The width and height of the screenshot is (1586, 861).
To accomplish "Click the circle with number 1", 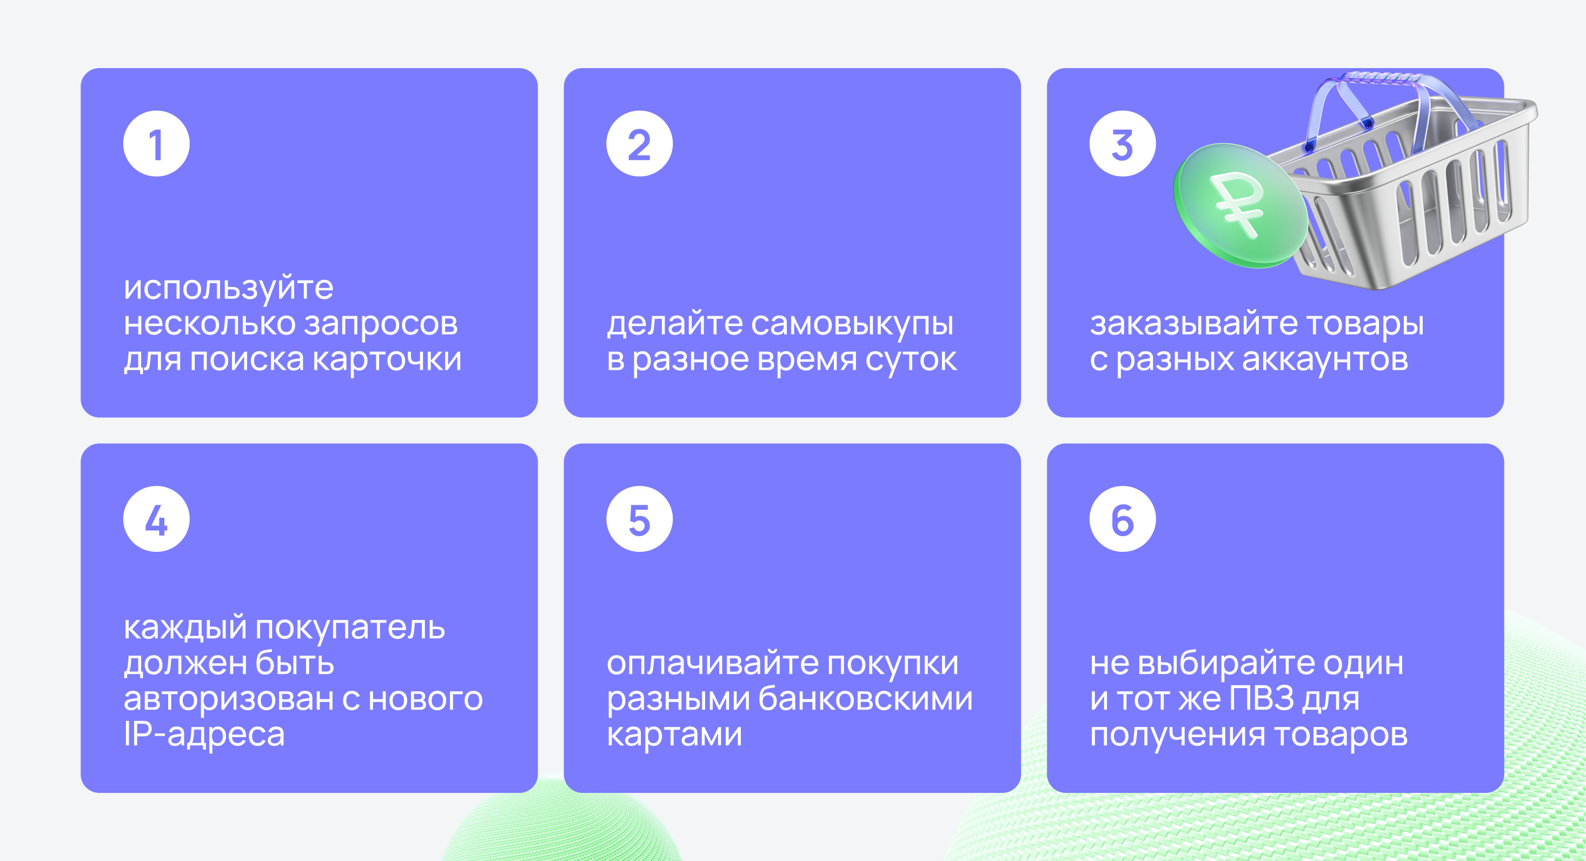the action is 156,143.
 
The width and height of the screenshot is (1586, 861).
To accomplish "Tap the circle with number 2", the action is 639,143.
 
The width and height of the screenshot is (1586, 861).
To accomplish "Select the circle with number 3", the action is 1123,143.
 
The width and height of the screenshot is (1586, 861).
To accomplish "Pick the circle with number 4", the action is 156,519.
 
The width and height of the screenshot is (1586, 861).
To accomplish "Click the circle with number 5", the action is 639,519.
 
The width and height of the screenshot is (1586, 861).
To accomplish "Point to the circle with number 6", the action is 1123,519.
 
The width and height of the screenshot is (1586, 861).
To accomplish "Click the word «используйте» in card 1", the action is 228,288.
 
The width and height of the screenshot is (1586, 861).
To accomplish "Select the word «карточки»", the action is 387,359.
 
